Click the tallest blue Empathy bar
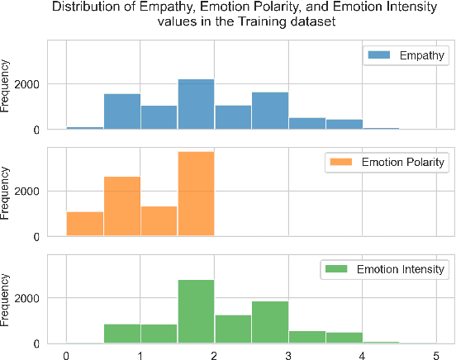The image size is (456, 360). [196, 104]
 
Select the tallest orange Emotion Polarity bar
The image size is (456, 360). [196, 194]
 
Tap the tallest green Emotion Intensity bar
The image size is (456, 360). [196, 311]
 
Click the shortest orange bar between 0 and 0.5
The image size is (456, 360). [84, 224]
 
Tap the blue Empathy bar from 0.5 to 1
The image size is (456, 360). [121, 111]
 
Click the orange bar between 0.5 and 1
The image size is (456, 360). [121, 206]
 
